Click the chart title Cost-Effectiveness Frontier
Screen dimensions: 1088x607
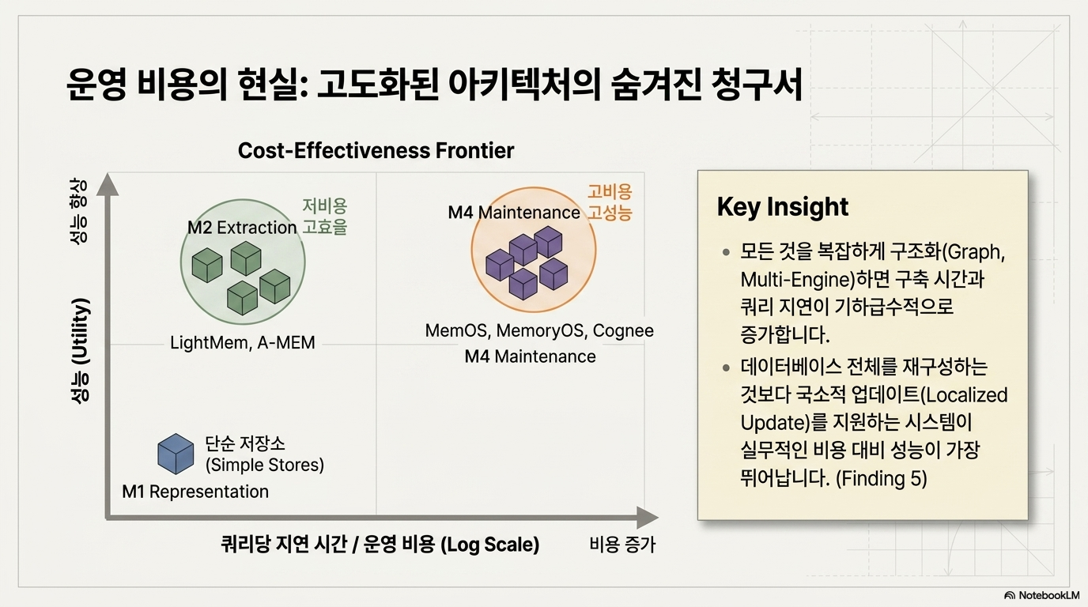click(376, 150)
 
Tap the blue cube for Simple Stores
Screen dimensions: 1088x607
click(176, 454)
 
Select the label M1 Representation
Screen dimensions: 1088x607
click(195, 492)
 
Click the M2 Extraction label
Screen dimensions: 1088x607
click(242, 228)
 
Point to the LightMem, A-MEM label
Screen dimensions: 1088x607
click(243, 343)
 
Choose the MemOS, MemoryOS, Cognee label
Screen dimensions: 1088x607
click(539, 330)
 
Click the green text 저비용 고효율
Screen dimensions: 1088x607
click(324, 217)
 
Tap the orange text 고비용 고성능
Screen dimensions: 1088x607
click(610, 202)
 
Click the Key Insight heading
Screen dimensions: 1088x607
click(783, 207)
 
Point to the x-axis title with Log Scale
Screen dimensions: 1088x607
click(380, 545)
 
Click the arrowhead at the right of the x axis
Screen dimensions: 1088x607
click(648, 518)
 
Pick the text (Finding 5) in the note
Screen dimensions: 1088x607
click(881, 479)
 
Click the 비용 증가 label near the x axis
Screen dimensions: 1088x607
click(622, 545)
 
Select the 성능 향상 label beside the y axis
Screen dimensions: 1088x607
click(79, 211)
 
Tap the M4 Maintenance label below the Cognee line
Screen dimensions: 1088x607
click(530, 357)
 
